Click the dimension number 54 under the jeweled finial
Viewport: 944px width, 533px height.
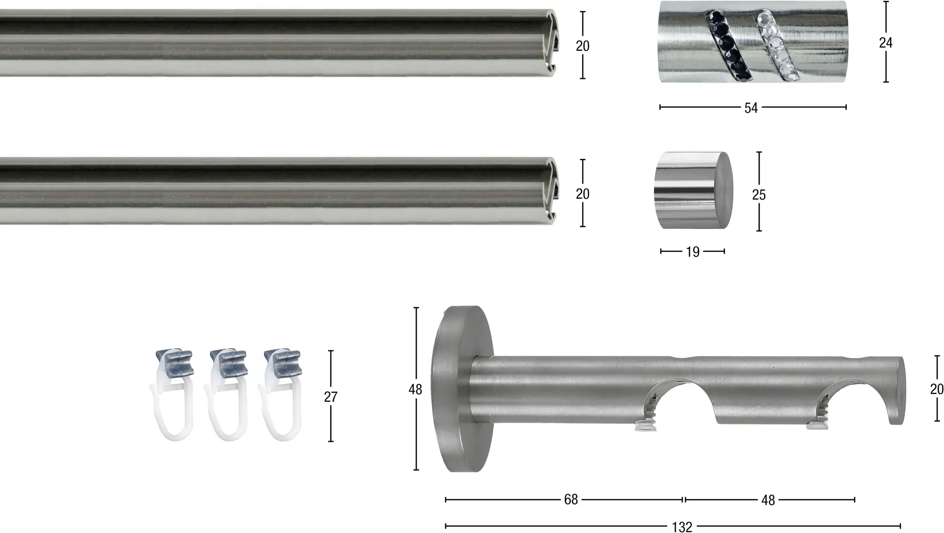click(x=751, y=108)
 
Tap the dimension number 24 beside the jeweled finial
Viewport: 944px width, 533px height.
click(x=885, y=43)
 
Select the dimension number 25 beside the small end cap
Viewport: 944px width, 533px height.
click(x=759, y=195)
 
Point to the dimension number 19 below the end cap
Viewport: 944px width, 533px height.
click(x=692, y=252)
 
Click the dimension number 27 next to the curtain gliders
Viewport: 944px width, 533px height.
click(x=330, y=397)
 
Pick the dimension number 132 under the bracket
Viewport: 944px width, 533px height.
click(x=682, y=527)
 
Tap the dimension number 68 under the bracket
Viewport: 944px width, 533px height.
click(x=571, y=500)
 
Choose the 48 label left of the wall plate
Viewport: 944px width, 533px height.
click(x=415, y=390)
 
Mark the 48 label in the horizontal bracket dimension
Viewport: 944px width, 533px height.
click(x=768, y=500)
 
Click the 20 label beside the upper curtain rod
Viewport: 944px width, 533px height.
click(x=583, y=46)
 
